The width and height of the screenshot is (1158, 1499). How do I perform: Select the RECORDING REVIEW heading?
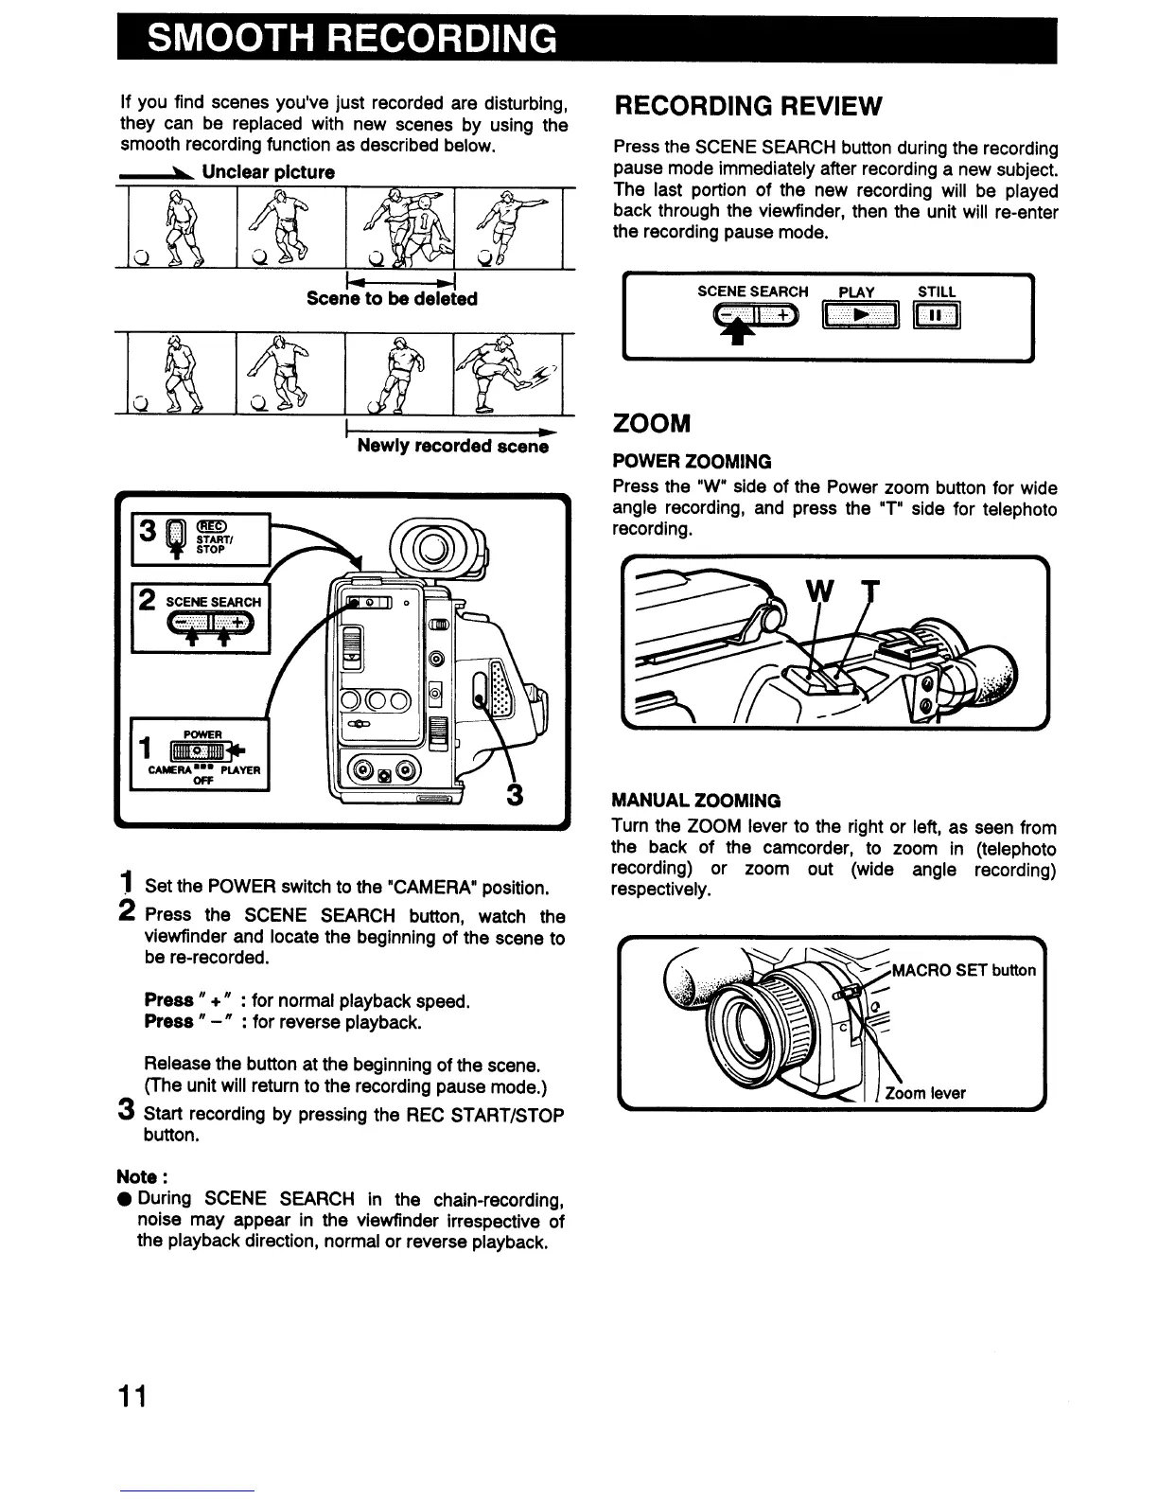[747, 105]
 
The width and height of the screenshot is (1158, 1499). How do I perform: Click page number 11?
[132, 1396]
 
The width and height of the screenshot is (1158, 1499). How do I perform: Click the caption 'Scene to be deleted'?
[392, 299]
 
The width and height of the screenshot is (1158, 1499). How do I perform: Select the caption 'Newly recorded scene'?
[452, 446]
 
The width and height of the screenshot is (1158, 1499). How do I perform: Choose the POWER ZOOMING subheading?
[693, 462]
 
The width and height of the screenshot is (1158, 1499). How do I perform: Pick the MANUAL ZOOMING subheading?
[696, 801]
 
